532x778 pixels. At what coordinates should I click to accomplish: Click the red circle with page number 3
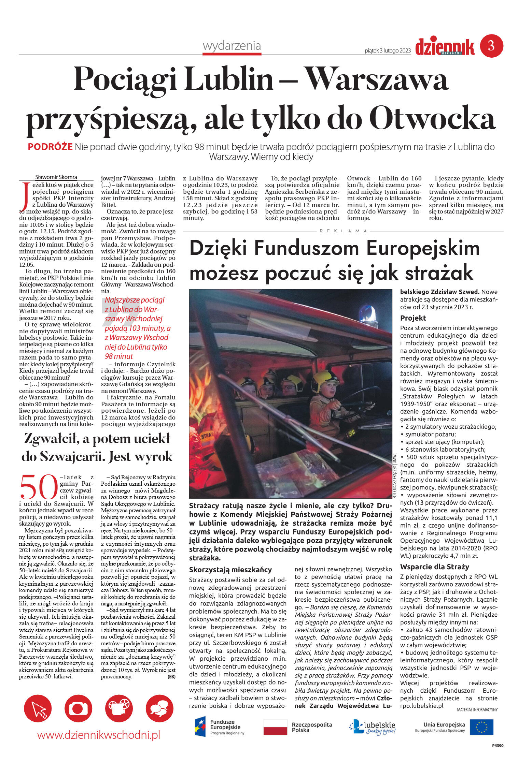coord(491,46)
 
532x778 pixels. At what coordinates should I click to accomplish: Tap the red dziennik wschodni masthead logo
coord(445,47)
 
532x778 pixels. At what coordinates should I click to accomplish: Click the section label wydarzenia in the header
coord(232,46)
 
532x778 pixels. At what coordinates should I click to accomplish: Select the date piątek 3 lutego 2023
coord(388,51)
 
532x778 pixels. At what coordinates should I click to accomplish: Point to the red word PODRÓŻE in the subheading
coord(50,147)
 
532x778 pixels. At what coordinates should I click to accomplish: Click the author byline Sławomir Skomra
coord(56,177)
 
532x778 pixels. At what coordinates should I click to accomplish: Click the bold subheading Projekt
coord(413,318)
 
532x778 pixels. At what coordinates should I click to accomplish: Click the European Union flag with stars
coord(481,727)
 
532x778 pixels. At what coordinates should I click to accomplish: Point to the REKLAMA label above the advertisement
coord(343,231)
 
